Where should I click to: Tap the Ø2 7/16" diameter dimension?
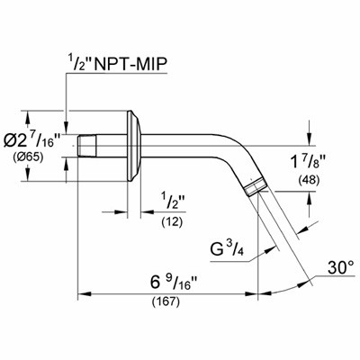(x=32, y=139)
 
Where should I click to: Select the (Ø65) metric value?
(x=28, y=157)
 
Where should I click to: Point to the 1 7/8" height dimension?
(x=309, y=165)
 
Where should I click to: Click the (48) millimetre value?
(x=309, y=180)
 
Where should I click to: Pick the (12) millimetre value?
(x=172, y=222)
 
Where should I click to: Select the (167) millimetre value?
(x=166, y=301)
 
